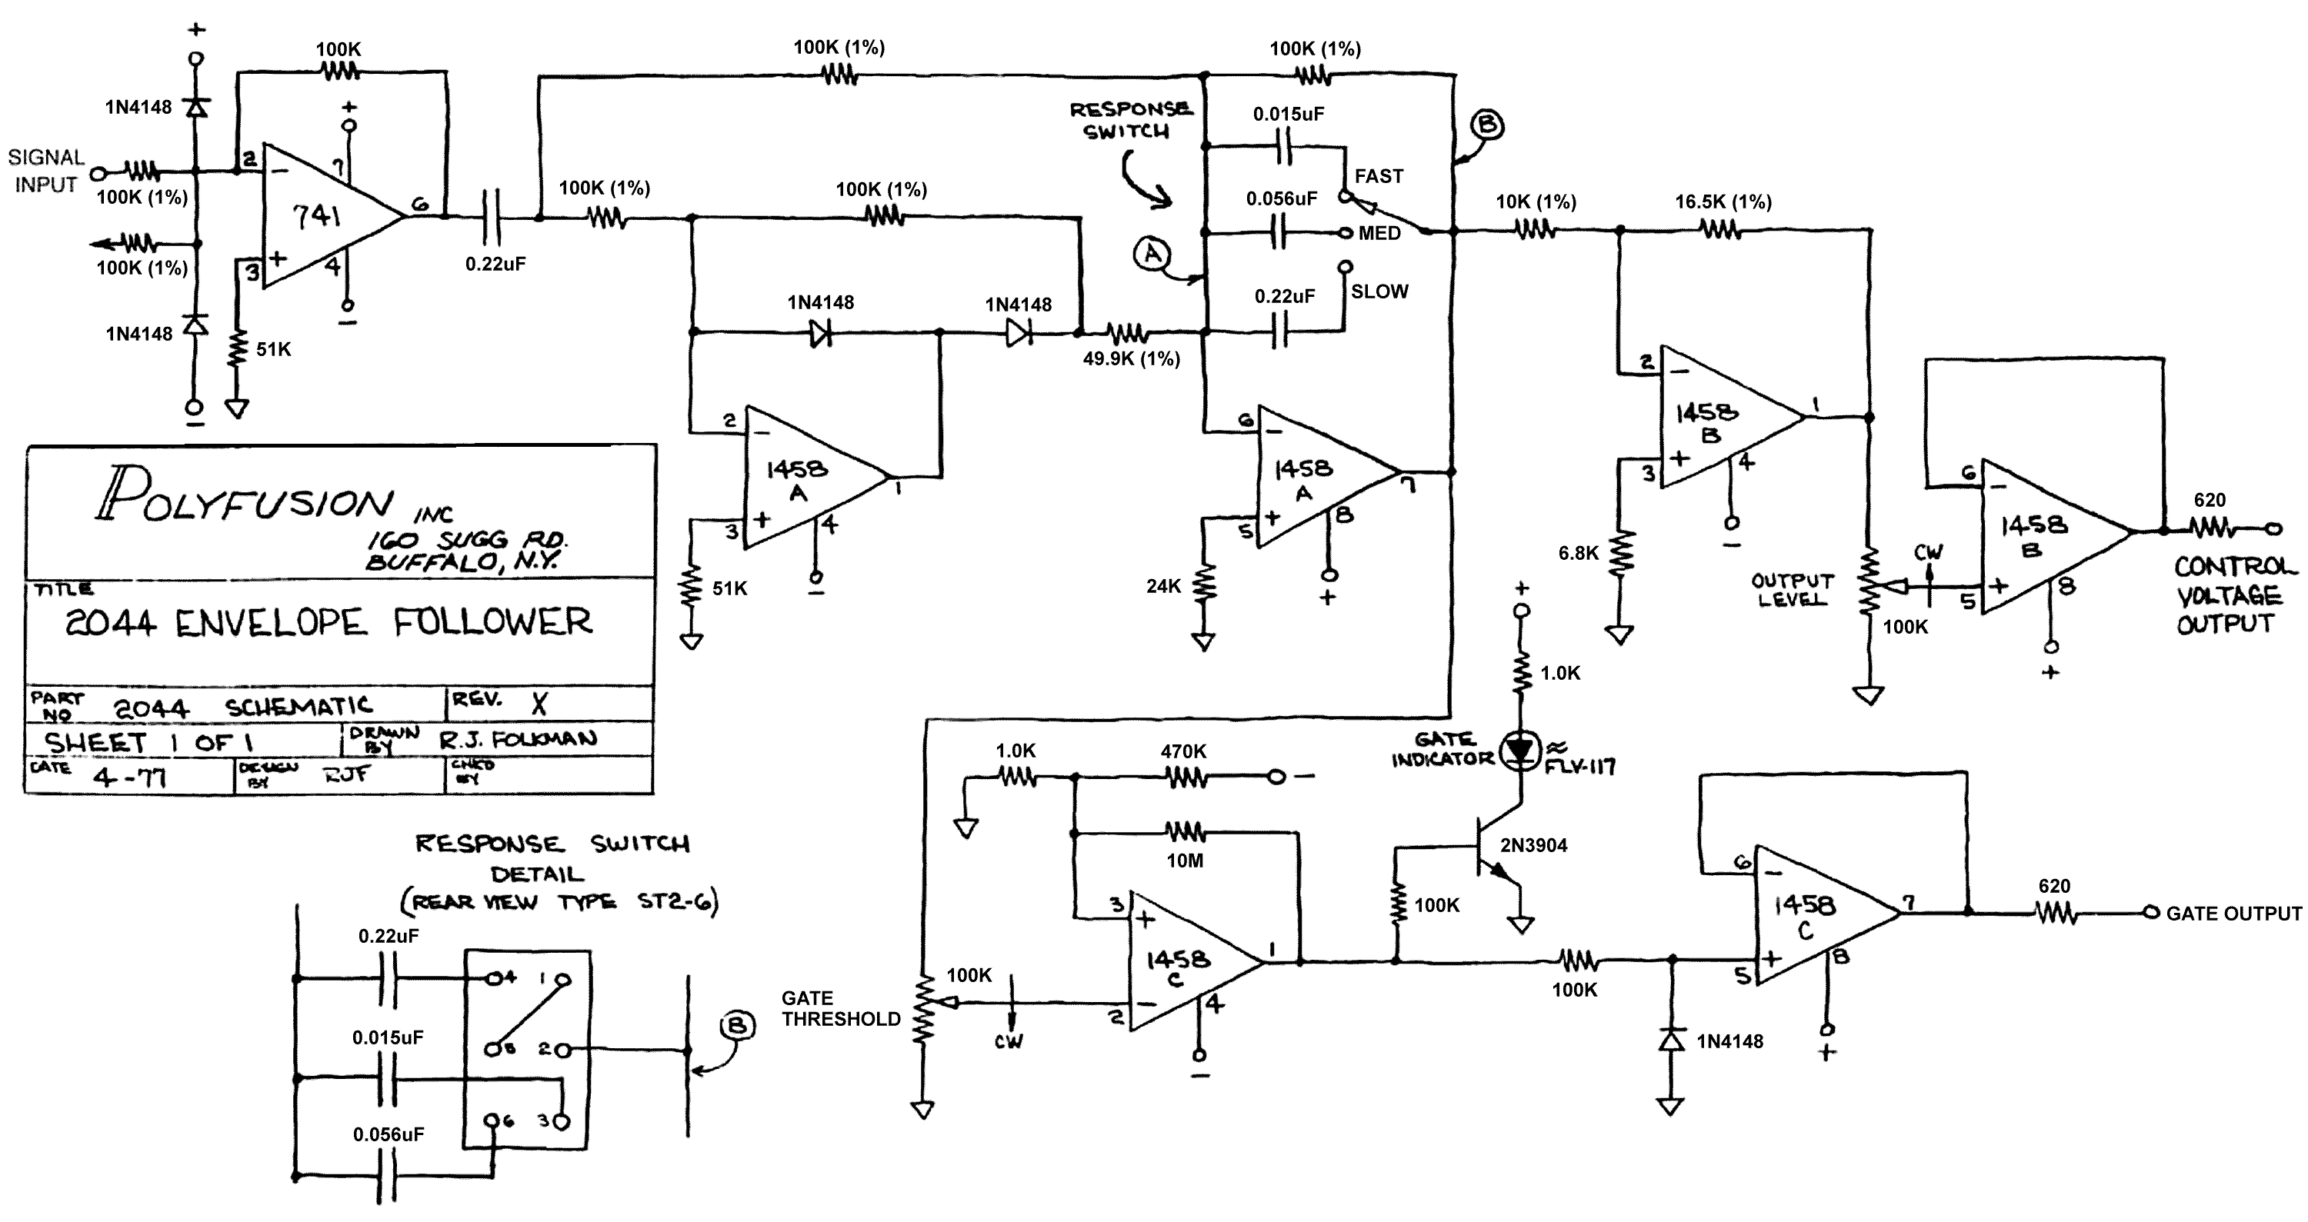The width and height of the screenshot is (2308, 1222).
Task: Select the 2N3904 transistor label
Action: pos(1534,845)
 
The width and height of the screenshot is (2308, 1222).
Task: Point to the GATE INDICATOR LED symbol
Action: pos(1521,750)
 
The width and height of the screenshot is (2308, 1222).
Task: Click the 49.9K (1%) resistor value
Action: pos(1131,359)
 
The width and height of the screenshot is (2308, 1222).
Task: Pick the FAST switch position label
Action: pos(1378,176)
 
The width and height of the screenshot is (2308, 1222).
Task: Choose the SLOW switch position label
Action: pos(1379,291)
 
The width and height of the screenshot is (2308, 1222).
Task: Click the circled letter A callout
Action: pos(1152,255)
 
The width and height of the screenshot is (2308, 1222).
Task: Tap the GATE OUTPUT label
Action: pos(2233,914)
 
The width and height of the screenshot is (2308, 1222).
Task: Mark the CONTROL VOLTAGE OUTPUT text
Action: pos(2232,595)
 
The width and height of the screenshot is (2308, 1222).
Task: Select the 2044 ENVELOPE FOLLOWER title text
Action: pos(328,621)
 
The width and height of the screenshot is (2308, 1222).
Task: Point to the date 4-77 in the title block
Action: pos(129,776)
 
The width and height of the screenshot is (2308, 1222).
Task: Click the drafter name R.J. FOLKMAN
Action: pos(518,739)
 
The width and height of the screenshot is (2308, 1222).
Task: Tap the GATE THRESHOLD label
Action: pos(840,1009)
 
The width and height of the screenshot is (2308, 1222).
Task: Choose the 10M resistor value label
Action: pos(1185,861)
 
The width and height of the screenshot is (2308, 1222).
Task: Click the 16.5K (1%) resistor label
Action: pos(1723,202)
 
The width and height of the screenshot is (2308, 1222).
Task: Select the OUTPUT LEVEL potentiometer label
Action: pos(1792,591)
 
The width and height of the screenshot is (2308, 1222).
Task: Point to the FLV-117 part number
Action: pos(1578,766)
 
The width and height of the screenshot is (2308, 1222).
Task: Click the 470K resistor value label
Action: pos(1182,751)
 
